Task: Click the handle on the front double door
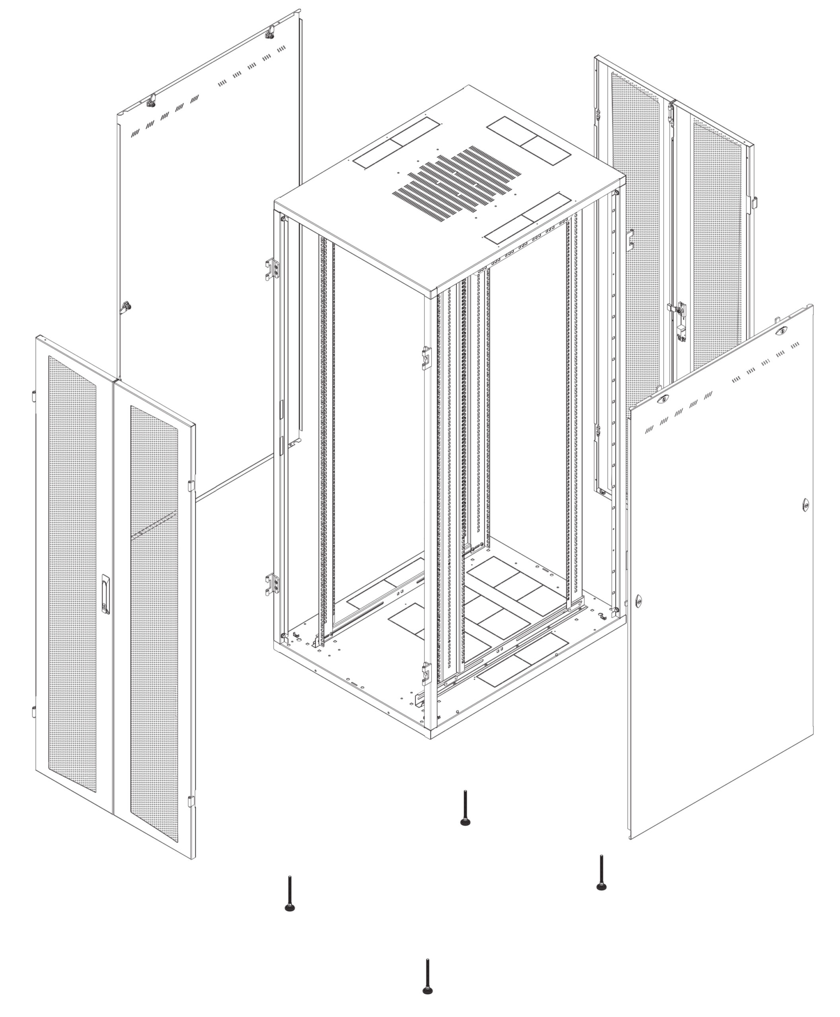(105, 595)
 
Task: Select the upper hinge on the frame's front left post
(272, 269)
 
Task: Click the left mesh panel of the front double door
(73, 570)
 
